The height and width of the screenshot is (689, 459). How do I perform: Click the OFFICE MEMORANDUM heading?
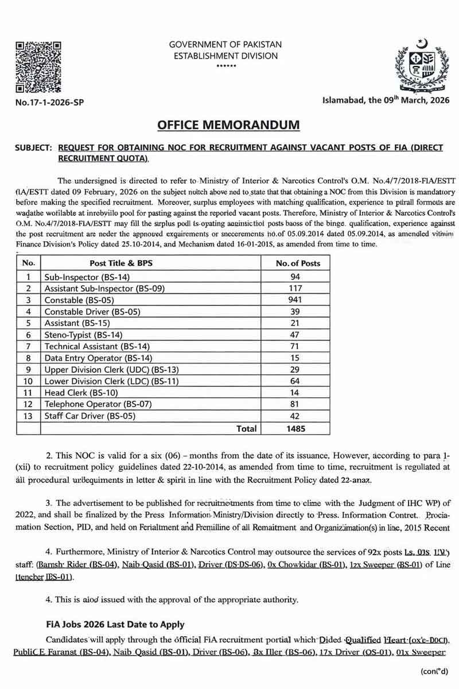click(229, 125)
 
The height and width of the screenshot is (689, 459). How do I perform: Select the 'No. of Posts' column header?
click(298, 263)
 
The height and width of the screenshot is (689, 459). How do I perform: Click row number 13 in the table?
click(28, 416)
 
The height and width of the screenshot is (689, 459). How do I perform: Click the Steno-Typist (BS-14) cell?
click(83, 334)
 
